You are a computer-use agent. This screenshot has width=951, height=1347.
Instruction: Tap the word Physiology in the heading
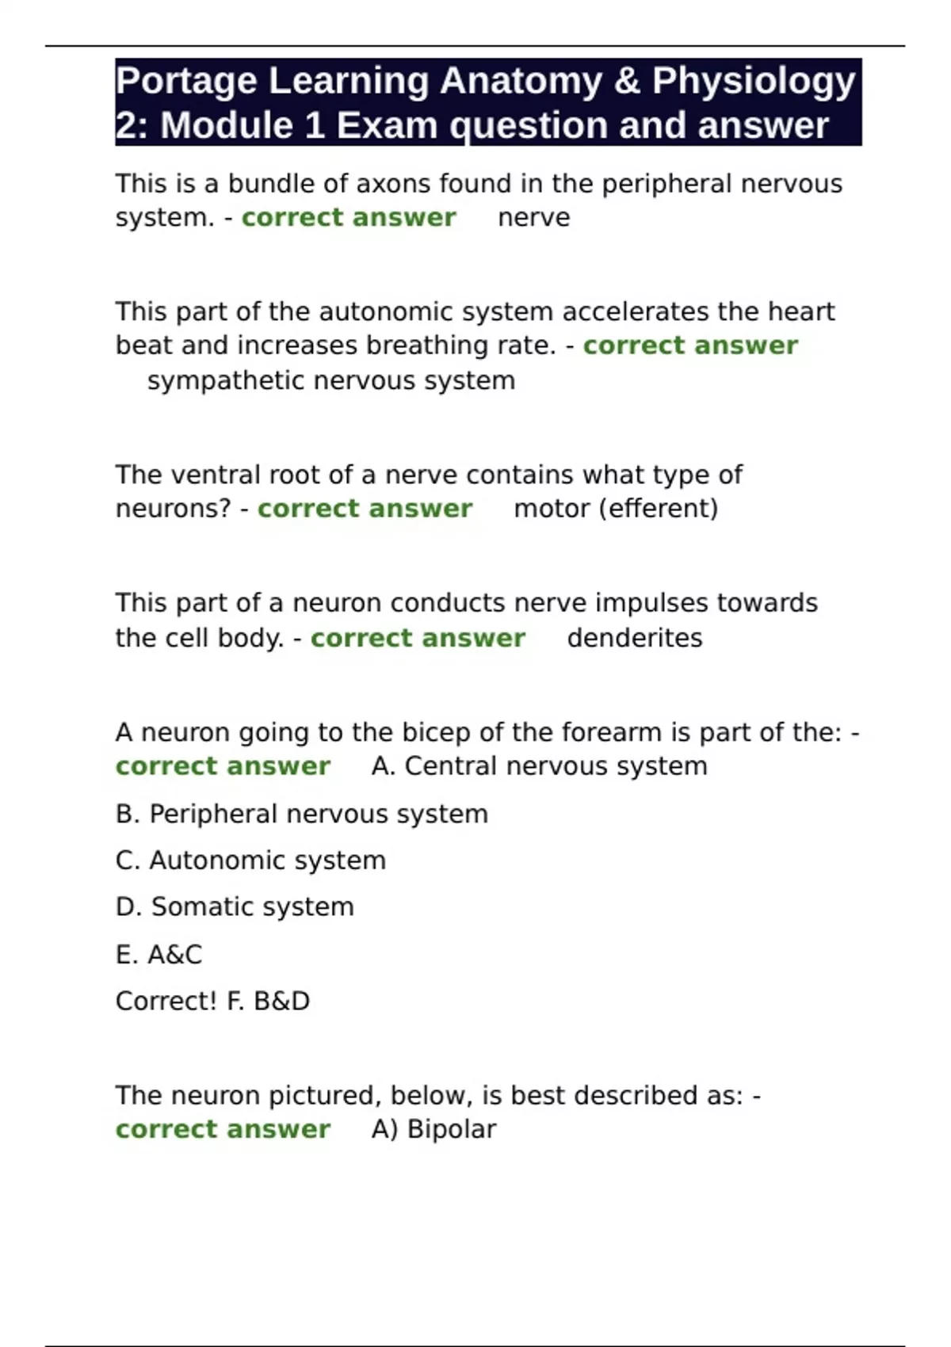tap(754, 82)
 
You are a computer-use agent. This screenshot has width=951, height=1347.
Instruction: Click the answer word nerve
tap(533, 218)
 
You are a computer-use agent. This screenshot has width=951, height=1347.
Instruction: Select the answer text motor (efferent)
tap(616, 509)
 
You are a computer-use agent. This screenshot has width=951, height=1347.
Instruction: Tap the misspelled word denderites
tap(635, 638)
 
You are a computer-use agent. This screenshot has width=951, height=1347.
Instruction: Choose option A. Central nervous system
tap(539, 766)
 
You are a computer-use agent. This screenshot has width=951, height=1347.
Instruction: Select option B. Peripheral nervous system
tap(301, 814)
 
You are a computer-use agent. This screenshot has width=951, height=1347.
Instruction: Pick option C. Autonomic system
tap(250, 860)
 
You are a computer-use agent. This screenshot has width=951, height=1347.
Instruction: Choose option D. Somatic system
tap(235, 906)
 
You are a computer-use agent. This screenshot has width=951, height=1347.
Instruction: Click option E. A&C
tap(158, 954)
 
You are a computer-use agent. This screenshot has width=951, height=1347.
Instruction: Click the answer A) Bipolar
tap(433, 1129)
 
